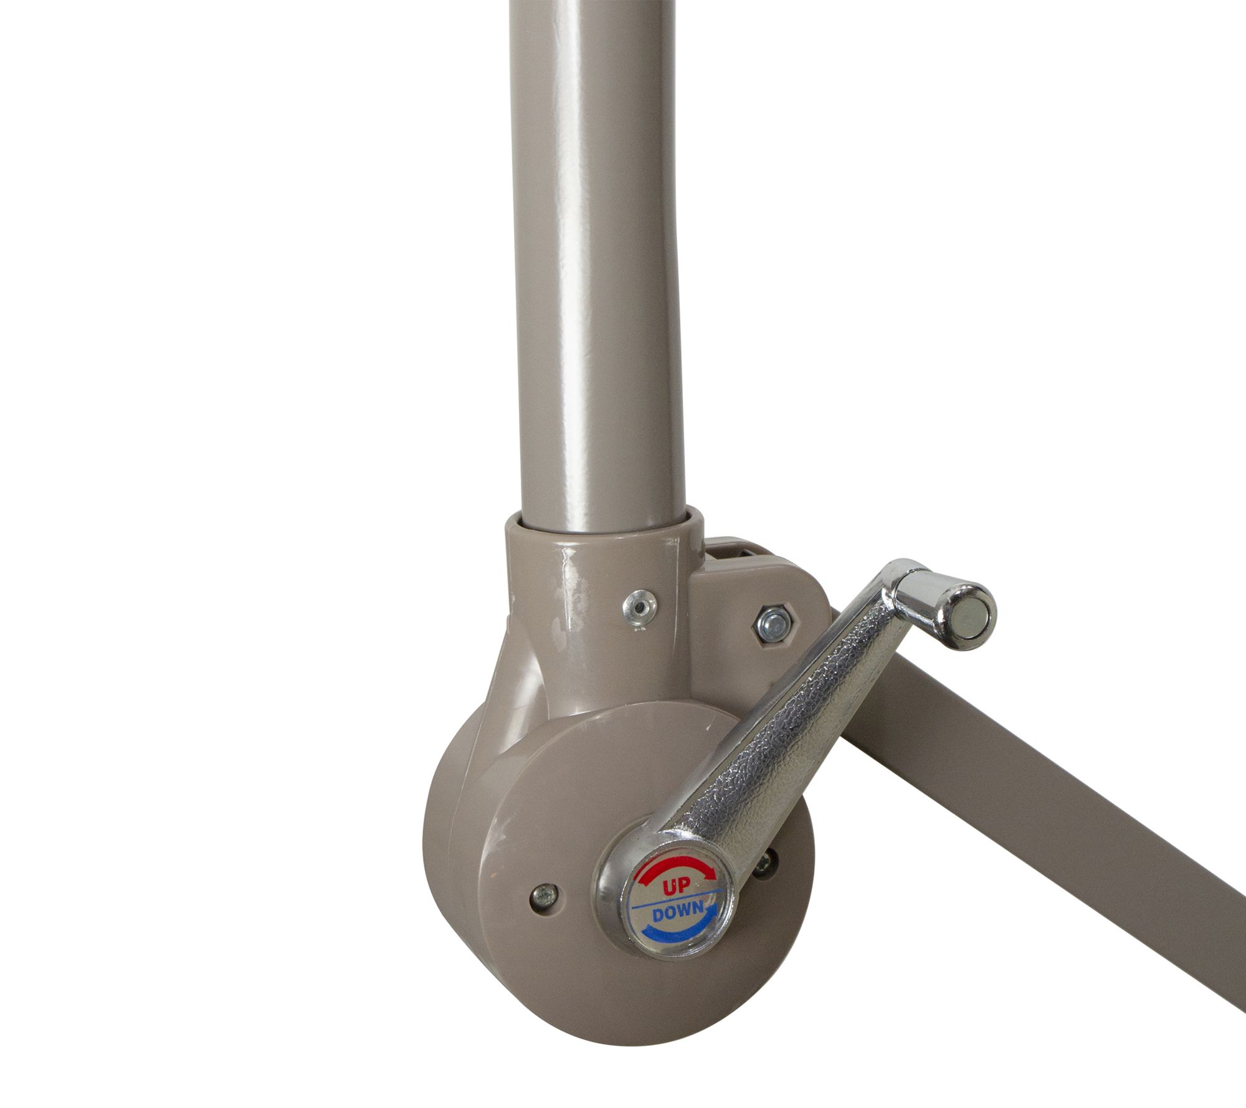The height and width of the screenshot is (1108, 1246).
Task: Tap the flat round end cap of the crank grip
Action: click(x=970, y=607)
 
